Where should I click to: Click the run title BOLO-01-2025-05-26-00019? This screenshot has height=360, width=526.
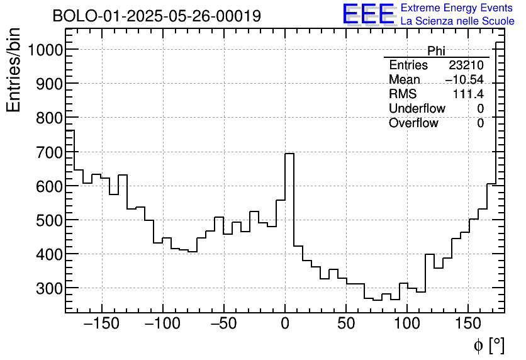coord(157,16)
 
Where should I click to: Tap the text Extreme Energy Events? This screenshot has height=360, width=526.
coord(457,8)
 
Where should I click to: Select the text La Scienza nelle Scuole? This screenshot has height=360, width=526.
coord(457,21)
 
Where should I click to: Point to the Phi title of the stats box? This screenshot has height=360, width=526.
coord(436,51)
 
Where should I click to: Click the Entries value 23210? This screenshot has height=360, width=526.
coord(466,65)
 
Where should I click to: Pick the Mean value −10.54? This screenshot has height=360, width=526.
coord(464,80)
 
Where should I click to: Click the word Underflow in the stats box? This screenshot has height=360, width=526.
coord(417,109)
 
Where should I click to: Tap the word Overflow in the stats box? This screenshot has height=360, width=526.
coord(413,123)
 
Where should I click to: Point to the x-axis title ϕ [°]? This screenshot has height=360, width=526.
coord(488,346)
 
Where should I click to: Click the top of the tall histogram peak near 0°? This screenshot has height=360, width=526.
coord(289,153)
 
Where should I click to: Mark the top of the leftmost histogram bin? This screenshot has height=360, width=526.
coord(70,130)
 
